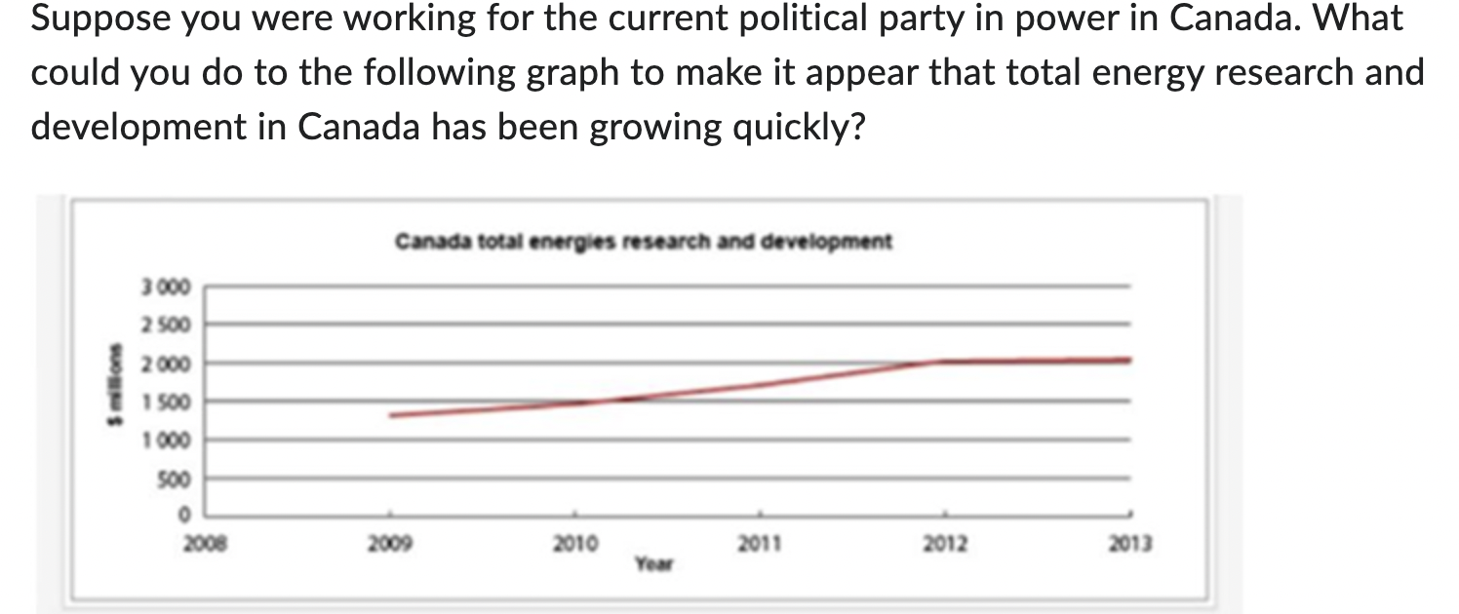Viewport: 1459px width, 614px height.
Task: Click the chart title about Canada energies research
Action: (644, 241)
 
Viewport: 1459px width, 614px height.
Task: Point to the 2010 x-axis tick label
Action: (575, 544)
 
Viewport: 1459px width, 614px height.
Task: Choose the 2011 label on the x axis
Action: (760, 544)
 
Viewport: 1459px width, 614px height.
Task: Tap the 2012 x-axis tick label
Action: (944, 544)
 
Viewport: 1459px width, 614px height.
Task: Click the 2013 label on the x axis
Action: (1130, 544)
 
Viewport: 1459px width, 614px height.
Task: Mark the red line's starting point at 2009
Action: (391, 415)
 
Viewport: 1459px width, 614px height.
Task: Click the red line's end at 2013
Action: (1129, 360)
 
